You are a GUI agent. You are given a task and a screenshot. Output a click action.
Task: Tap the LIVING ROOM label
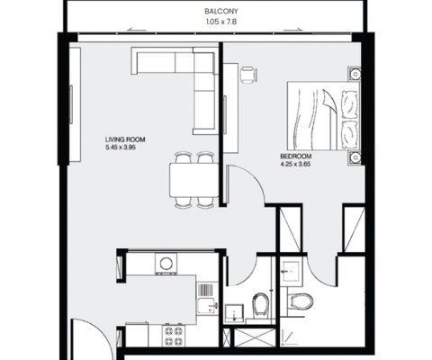[124, 140]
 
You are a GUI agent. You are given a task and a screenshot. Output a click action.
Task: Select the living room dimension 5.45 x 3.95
[124, 149]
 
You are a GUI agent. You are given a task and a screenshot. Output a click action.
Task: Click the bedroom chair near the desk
[246, 76]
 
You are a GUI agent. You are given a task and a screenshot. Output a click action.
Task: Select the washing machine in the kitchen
[166, 264]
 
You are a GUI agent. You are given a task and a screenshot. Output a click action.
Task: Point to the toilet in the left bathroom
[261, 305]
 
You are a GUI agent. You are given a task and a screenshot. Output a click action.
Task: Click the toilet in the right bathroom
[302, 301]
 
